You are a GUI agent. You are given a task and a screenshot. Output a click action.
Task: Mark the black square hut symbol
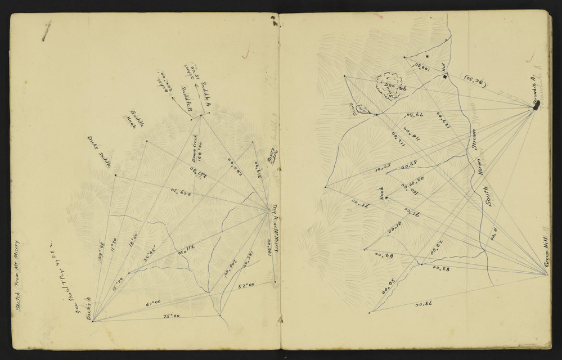point(444,76)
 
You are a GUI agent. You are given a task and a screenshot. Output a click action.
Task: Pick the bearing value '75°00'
point(168,317)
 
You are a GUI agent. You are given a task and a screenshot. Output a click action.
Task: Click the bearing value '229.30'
point(179,191)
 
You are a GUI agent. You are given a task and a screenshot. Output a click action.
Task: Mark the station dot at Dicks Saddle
point(115,175)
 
